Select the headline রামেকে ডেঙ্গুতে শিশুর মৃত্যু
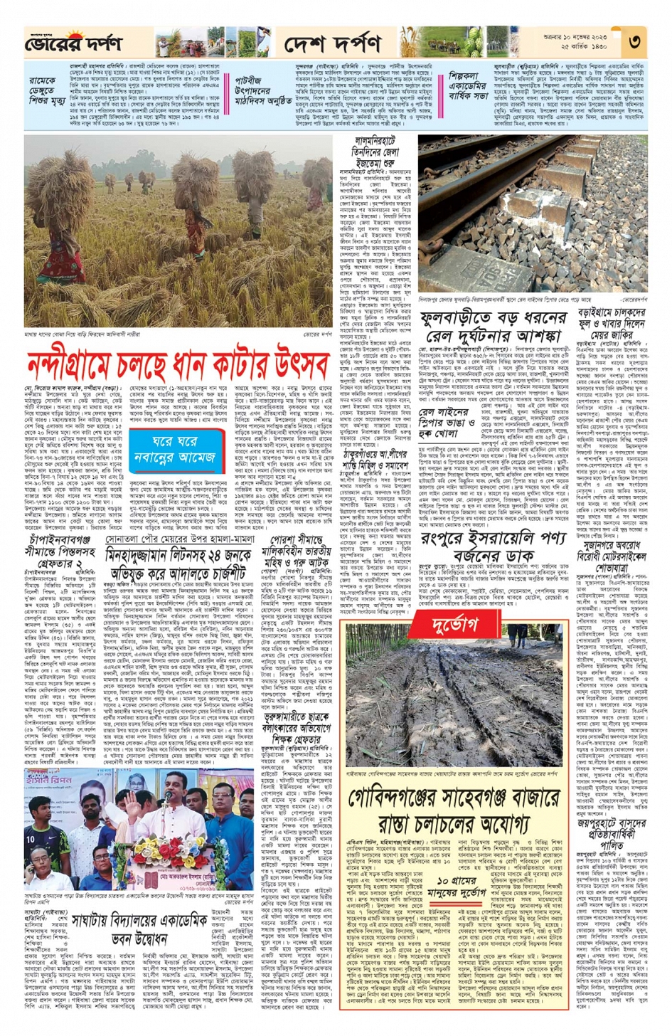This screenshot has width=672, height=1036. pyautogui.click(x=44, y=90)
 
